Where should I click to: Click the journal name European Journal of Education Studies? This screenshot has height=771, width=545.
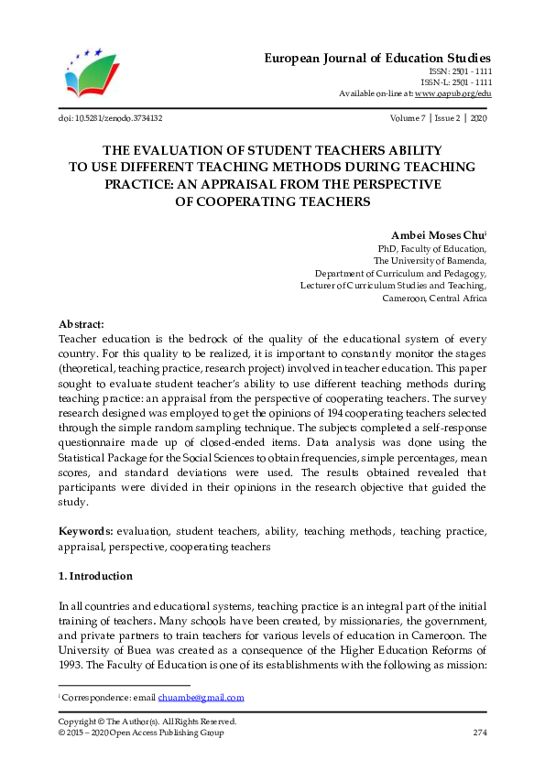pos(378,58)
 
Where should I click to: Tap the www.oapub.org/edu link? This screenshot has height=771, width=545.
pos(452,93)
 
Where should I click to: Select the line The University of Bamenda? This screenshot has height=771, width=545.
pos(431,261)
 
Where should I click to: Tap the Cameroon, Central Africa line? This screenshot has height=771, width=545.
pos(434,299)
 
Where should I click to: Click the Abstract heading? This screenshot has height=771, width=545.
pos(82,324)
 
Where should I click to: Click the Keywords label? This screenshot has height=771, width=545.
pos(86,531)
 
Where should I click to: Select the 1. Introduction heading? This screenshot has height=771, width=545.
pos(95,577)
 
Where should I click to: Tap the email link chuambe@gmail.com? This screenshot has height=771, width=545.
pos(202,698)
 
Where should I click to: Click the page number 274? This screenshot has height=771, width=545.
pos(479,733)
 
